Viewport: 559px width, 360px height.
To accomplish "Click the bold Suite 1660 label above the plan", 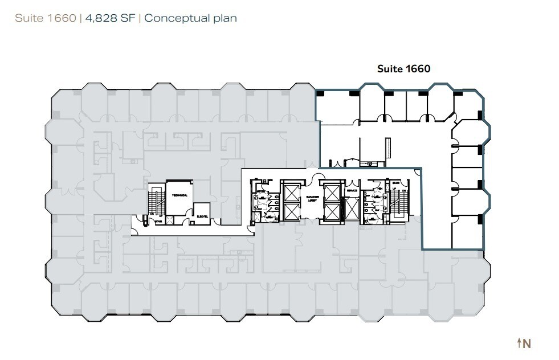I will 403,69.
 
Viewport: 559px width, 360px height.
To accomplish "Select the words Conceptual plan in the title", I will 190,18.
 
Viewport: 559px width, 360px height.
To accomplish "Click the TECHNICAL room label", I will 179,195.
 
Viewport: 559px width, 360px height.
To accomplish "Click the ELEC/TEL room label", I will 201,215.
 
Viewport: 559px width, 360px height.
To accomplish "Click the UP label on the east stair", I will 394,189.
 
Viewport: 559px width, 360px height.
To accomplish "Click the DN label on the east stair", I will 403,191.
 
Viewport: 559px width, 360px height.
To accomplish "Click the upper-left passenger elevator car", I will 291,193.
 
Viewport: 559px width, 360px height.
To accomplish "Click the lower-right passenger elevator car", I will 331,212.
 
